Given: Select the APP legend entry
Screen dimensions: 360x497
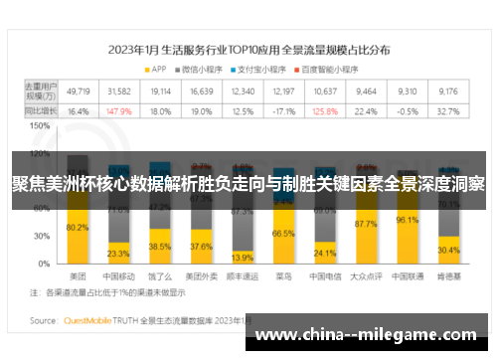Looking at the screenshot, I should [x=155, y=69].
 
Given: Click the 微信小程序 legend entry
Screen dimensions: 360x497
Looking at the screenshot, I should [x=199, y=69].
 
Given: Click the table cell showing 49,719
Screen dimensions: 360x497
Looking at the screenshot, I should [x=78, y=90].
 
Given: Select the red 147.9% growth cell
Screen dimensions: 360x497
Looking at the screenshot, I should [x=118, y=111].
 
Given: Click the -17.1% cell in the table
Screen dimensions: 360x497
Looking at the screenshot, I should [x=284, y=111].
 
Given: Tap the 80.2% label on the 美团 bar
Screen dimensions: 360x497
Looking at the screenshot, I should [x=78, y=228].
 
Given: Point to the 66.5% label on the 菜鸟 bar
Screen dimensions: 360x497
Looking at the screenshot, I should [x=283, y=233].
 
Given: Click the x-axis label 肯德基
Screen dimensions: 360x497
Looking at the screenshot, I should [x=447, y=274].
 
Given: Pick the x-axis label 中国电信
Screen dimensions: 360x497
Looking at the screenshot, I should [x=324, y=274].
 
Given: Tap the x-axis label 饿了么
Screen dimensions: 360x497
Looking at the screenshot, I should [x=160, y=274].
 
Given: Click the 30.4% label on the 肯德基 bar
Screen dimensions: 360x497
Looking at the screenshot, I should [x=447, y=251].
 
